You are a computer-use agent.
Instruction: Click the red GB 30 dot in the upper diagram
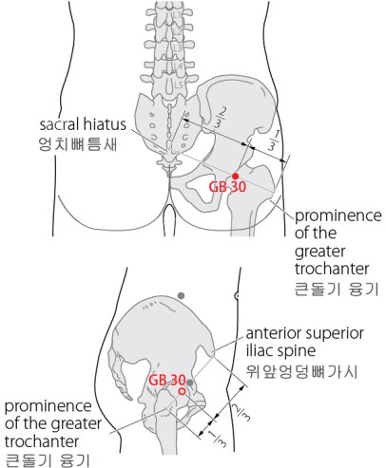235,176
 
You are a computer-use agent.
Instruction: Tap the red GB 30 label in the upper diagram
227,187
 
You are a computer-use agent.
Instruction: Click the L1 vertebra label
177,14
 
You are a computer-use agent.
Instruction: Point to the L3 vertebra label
178,48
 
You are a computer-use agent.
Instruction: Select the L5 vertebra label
179,84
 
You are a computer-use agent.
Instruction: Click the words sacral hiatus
83,124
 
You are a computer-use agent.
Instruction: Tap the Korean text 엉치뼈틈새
78,144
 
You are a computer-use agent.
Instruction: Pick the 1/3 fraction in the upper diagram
273,140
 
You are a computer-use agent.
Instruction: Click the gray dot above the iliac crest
181,296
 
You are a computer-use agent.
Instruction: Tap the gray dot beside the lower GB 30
189,383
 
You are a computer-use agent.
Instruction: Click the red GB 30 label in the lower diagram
167,380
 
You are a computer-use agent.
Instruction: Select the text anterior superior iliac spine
305,342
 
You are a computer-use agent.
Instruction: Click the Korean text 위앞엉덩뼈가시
302,371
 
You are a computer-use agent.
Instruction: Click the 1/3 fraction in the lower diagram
219,438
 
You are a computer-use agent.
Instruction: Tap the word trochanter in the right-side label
332,269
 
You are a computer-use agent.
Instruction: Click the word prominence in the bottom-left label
48,406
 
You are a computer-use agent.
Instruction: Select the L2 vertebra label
178,31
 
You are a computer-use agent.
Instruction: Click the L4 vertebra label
179,66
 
